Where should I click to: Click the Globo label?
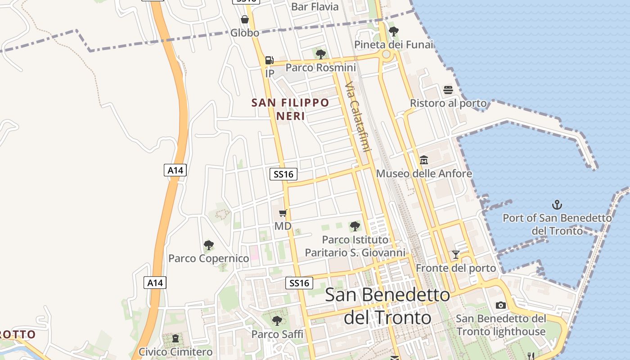pyautogui.click(x=245, y=33)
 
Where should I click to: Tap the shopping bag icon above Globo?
pyautogui.click(x=245, y=19)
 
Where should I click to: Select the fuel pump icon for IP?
pyautogui.click(x=269, y=59)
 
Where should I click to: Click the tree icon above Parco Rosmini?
pyautogui.click(x=321, y=54)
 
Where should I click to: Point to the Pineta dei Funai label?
pyautogui.click(x=394, y=45)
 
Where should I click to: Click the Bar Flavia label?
pyautogui.click(x=315, y=6)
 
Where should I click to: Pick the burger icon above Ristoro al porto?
pyautogui.click(x=448, y=90)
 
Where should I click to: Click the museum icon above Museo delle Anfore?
pyautogui.click(x=424, y=160)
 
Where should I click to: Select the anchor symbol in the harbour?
pyautogui.click(x=557, y=205)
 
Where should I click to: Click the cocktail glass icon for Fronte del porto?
pyautogui.click(x=456, y=255)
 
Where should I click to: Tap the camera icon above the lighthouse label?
pyautogui.click(x=501, y=305)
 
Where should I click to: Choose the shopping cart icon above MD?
pyautogui.click(x=283, y=213)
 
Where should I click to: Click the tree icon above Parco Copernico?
pyautogui.click(x=208, y=245)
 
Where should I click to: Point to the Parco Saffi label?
pyautogui.click(x=277, y=334)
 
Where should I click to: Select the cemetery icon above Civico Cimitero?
pyautogui.click(x=175, y=338)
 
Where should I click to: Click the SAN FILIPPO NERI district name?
pyautogui.click(x=290, y=109)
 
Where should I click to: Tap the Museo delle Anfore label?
pyautogui.click(x=424, y=174)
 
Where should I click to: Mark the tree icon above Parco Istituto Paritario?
pyautogui.click(x=355, y=226)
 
